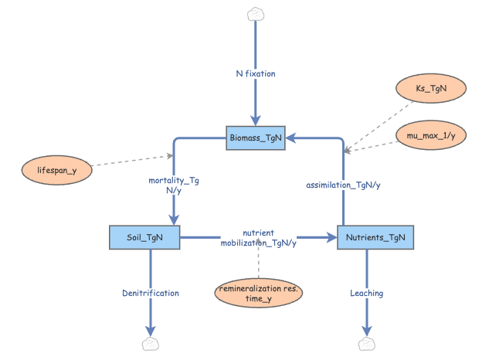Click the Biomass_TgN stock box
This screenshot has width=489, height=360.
[256, 138]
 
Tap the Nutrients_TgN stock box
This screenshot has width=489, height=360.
[375, 237]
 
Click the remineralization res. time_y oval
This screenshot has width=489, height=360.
[258, 293]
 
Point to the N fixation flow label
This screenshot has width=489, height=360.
[256, 74]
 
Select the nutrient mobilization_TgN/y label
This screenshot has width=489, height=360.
[258, 237]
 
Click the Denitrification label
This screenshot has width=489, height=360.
[151, 294]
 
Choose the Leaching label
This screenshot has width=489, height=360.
[366, 294]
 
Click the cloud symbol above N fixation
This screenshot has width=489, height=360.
[256, 14]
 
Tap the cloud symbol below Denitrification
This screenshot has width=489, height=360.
[151, 344]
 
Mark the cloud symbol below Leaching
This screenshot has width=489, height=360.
[366, 344]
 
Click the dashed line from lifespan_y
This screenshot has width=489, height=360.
[131, 161]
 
